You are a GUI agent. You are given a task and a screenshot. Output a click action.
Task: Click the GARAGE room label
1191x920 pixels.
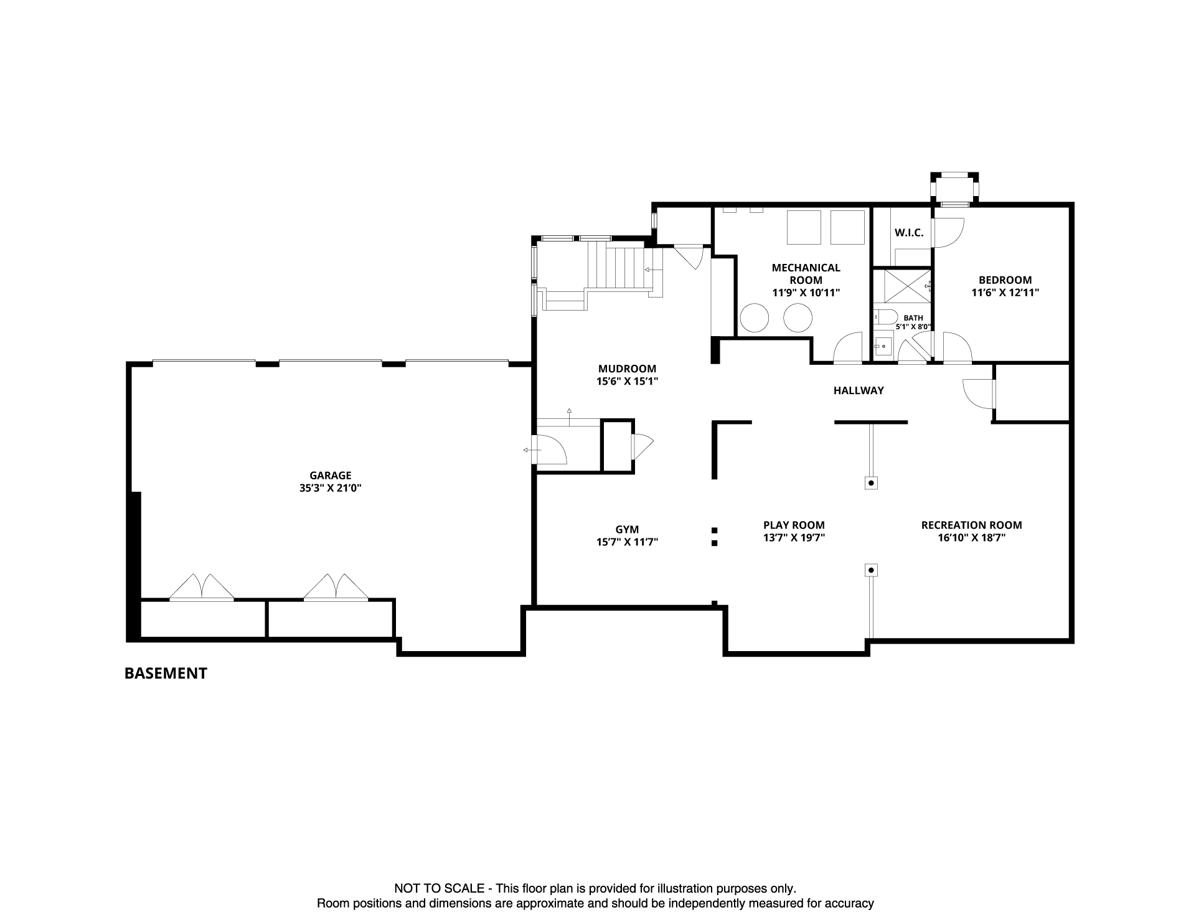[330, 476]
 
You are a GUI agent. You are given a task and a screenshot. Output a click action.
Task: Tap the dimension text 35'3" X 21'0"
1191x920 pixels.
[330, 489]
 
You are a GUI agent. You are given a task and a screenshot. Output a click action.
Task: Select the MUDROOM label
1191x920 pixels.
[627, 368]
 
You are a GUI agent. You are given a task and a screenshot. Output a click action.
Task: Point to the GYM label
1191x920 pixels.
[627, 530]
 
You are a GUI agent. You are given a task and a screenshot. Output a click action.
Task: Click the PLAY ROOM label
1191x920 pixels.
[794, 525]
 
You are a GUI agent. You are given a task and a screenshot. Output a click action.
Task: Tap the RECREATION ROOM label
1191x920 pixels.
[971, 525]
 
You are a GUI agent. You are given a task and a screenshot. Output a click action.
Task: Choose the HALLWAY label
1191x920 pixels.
[859, 391]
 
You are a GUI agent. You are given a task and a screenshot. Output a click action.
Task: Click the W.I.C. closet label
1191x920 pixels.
[909, 233]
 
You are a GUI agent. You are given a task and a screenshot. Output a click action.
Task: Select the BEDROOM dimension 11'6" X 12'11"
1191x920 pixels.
[1005, 293]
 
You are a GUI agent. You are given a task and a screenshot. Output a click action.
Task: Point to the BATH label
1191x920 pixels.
[913, 318]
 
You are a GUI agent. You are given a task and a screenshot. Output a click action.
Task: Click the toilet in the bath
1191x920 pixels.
[884, 316]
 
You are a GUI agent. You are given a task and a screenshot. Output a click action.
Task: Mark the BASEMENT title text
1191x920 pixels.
[166, 674]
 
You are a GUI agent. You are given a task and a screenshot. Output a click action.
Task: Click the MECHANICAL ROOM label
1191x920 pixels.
[806, 274]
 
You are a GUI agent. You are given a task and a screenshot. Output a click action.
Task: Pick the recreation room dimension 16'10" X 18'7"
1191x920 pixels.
[971, 538]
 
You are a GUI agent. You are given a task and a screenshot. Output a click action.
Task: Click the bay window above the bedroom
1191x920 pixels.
[954, 189]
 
